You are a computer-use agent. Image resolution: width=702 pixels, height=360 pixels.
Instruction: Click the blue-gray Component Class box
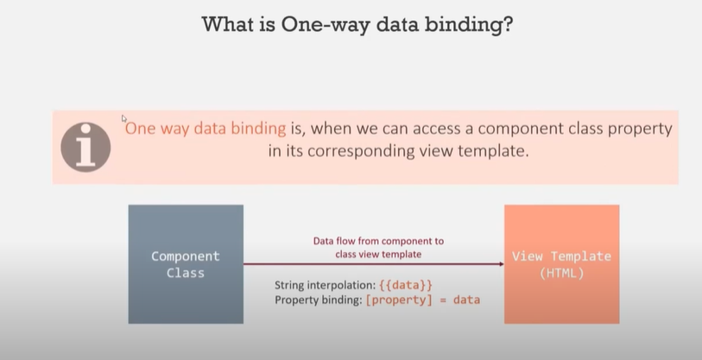(x=186, y=263)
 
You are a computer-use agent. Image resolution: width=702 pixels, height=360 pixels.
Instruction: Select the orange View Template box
(x=561, y=263)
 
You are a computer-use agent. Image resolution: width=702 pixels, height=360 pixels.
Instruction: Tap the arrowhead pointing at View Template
(x=500, y=265)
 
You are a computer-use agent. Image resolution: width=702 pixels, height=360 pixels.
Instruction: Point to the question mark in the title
(x=509, y=23)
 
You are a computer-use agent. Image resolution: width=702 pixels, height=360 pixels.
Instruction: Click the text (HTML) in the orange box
(x=561, y=272)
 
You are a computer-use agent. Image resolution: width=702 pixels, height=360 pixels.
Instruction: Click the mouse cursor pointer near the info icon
(x=123, y=118)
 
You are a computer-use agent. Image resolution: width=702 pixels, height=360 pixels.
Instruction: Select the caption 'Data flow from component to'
(x=378, y=242)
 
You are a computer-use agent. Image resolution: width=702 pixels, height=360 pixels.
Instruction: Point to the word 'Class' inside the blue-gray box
(x=186, y=272)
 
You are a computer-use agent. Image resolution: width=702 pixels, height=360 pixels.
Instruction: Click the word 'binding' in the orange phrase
(x=256, y=129)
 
